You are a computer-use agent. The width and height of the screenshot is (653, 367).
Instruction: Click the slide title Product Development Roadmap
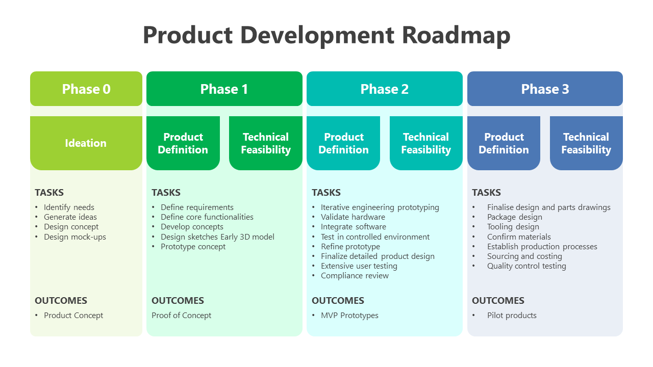[326, 35]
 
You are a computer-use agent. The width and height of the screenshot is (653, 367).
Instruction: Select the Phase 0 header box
[86, 89]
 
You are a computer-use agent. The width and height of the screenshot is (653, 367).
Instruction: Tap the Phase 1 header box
[224, 89]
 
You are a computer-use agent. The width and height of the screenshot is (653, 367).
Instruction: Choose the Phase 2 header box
[384, 89]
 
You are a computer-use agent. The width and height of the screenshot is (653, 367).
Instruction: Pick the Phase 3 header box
[545, 89]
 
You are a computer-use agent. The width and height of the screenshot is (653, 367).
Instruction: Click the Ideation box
[86, 143]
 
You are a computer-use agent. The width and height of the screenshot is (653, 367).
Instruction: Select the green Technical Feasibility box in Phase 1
[265, 143]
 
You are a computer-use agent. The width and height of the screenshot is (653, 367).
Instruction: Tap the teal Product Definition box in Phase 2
[343, 143]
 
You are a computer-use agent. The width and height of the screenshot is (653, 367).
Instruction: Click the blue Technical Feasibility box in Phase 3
[586, 143]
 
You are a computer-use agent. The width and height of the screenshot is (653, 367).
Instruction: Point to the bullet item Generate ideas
[70, 217]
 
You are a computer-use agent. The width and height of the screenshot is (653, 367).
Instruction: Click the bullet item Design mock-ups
[75, 237]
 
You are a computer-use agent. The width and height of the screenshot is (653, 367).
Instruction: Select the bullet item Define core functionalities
[207, 217]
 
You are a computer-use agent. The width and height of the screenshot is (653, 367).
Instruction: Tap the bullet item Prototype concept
[193, 247]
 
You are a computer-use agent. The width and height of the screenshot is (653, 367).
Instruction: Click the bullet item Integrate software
[353, 227]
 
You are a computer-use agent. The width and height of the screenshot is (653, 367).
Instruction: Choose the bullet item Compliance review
[355, 276]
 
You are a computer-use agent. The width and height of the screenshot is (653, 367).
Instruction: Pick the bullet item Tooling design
[513, 227]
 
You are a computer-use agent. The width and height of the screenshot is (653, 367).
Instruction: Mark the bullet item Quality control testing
[526, 266]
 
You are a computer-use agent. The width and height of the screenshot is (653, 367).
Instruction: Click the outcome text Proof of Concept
[181, 316]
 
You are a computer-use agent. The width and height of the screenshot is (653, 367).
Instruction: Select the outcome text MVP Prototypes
[349, 316]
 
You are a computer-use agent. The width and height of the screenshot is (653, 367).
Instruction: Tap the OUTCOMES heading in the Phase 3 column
[498, 301]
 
